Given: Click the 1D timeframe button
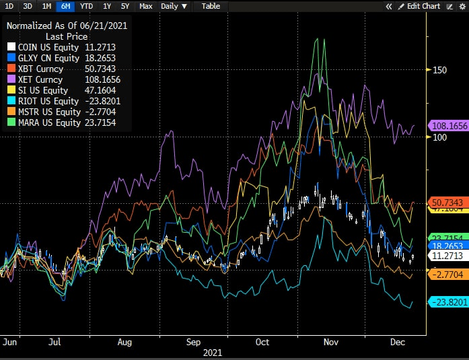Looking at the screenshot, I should pos(9,6).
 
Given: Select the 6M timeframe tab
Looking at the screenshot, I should pos(65,6).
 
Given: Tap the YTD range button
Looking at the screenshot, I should pos(86,6).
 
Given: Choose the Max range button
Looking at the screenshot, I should pos(145,6).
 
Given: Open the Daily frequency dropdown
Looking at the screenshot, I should pos(174,6).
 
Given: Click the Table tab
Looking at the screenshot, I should pos(211,6).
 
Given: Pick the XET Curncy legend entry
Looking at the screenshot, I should pos(40,79).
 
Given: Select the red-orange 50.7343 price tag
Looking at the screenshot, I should pos(447,203).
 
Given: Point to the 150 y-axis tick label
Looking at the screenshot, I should pos(440,70).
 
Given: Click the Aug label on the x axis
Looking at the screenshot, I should pos(124,342).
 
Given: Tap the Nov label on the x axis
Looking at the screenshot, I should pos(330,342).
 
